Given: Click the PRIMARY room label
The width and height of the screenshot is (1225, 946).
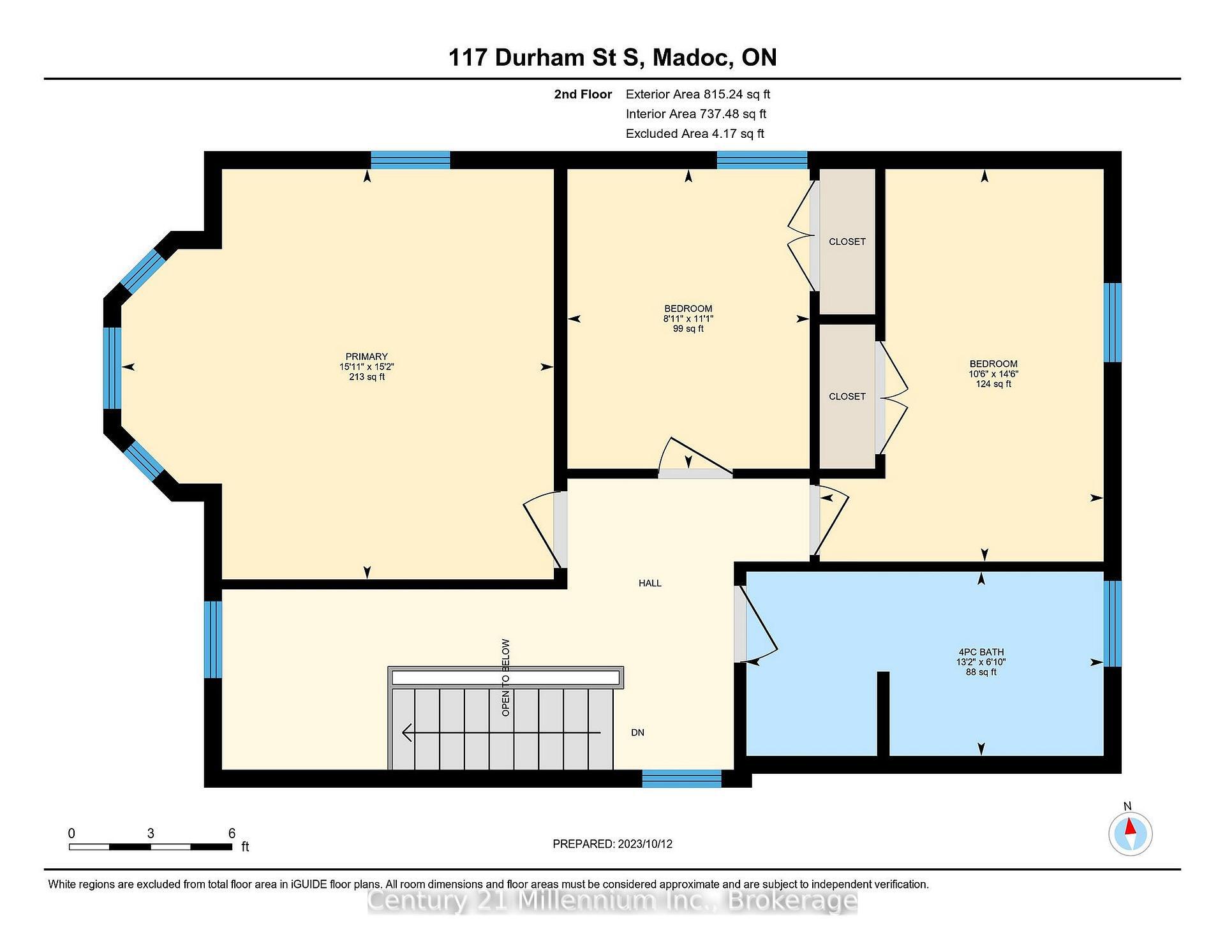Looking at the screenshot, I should pyautogui.click(x=366, y=357).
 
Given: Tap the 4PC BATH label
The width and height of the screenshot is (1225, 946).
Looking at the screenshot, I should pyautogui.click(x=981, y=652).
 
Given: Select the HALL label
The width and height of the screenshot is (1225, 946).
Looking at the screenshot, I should pyautogui.click(x=650, y=583).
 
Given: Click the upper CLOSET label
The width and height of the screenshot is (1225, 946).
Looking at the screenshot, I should pyautogui.click(x=847, y=242).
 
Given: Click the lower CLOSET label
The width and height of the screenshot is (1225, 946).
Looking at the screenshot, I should pyautogui.click(x=847, y=397).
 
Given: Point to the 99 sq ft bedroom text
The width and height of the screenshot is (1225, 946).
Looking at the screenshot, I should pyautogui.click(x=688, y=329).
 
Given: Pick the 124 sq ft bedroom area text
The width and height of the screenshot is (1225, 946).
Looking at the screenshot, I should pyautogui.click(x=993, y=384).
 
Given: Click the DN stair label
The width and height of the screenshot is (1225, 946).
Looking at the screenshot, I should pyautogui.click(x=637, y=733).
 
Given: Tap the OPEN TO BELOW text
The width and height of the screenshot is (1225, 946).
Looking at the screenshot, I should pyautogui.click(x=505, y=677).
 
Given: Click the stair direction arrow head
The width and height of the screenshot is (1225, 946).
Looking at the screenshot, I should pyautogui.click(x=406, y=733).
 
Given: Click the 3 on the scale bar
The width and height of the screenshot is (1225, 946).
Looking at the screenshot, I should pyautogui.click(x=151, y=833).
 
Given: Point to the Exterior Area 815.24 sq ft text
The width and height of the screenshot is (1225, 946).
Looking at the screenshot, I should pyautogui.click(x=697, y=94).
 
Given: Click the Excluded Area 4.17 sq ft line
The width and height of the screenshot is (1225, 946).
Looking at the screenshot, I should pyautogui.click(x=694, y=134).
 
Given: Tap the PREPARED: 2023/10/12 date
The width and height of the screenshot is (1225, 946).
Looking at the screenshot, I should pyautogui.click(x=612, y=844).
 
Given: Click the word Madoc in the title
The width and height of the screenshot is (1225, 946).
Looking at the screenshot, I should pyautogui.click(x=692, y=57).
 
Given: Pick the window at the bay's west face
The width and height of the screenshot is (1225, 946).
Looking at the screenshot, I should pyautogui.click(x=112, y=368).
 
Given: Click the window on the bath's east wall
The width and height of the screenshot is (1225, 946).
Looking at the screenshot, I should pyautogui.click(x=1112, y=623).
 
